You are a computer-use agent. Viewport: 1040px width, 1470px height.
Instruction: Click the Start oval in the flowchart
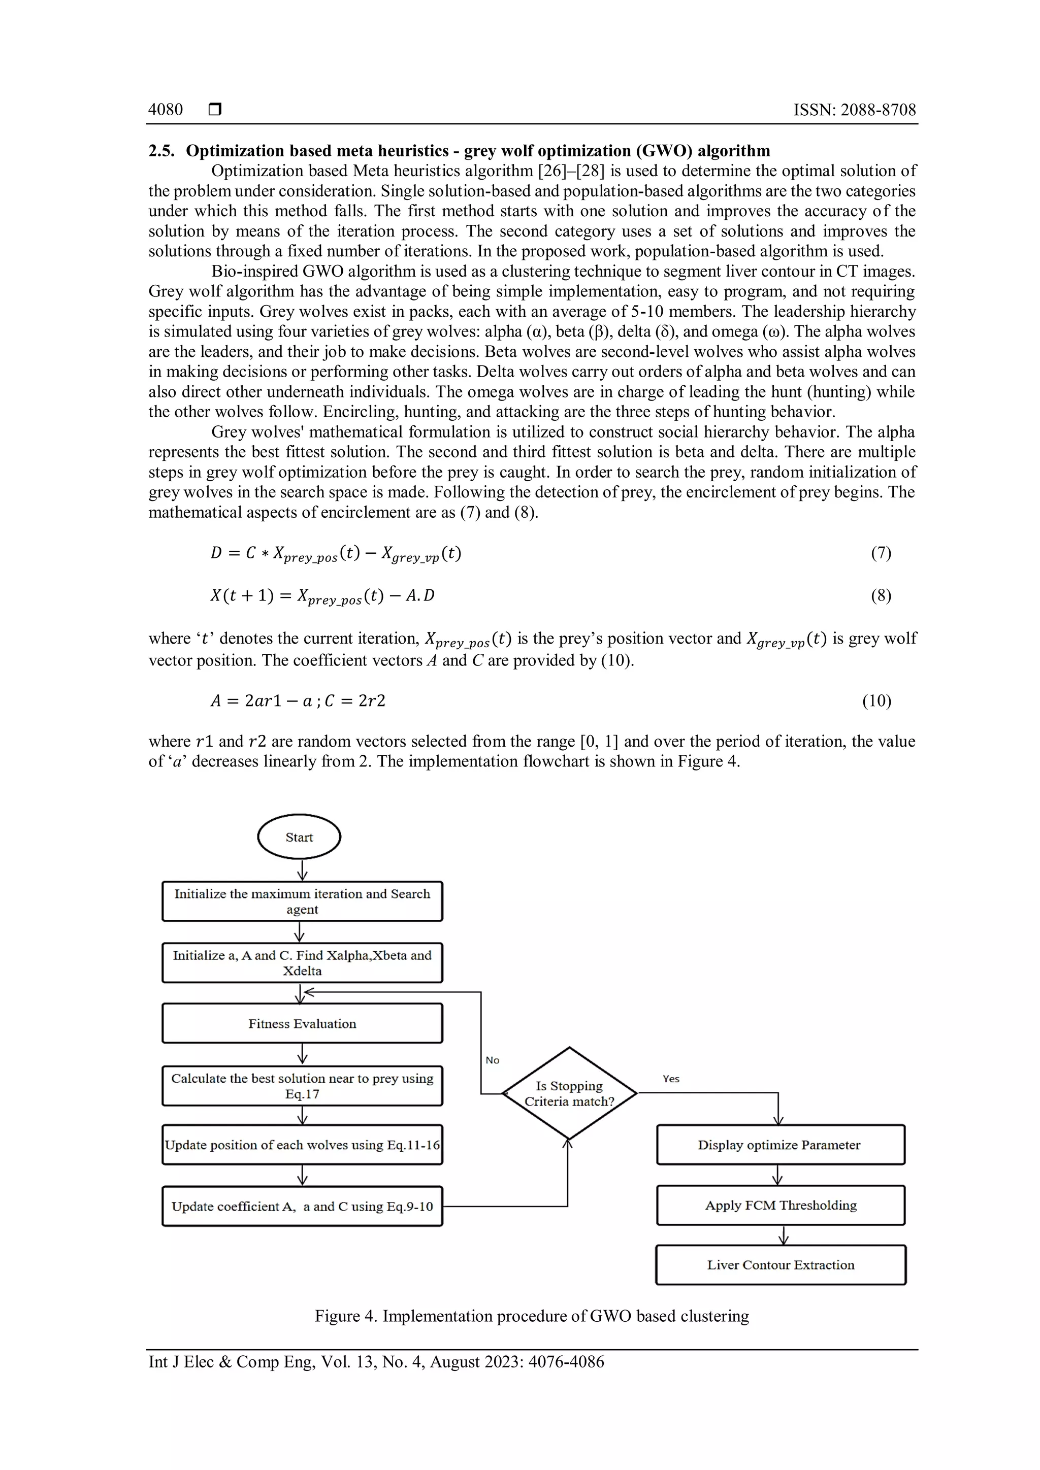pos(299,837)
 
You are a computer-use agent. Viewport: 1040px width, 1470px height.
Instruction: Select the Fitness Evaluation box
pos(302,1023)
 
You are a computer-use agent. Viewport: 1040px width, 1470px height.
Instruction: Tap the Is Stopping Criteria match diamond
pos(569,1093)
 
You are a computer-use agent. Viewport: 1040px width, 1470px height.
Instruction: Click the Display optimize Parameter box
pos(780,1144)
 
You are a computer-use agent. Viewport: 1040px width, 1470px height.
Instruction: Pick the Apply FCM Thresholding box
pos(780,1205)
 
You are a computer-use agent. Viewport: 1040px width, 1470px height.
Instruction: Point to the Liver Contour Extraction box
pos(781,1264)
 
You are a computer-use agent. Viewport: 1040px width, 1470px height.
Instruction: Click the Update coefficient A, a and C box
pos(302,1206)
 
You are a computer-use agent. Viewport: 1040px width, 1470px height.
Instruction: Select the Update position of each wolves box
pos(302,1145)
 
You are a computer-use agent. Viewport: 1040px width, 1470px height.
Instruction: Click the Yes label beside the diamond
pos(670,1079)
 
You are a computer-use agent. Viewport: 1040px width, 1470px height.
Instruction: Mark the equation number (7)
pos(881,553)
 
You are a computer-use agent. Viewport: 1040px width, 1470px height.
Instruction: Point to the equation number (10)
pos(876,700)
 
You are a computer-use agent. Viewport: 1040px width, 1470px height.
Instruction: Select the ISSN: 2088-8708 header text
pos(854,110)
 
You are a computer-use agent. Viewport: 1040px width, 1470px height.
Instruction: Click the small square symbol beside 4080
pos(215,110)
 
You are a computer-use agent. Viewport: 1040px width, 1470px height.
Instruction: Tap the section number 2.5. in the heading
pos(161,150)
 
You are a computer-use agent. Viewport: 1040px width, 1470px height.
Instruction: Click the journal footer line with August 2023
pos(376,1361)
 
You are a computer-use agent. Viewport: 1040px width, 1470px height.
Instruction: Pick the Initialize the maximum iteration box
pos(302,901)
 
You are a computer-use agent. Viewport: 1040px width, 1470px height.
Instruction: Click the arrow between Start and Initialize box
pos(302,870)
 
